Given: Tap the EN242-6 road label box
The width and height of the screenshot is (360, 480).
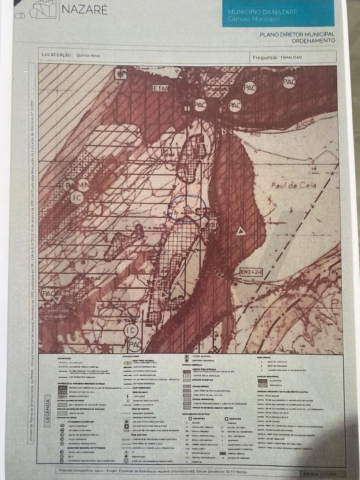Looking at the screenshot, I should (251, 272).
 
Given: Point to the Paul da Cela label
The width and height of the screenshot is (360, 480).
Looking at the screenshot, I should (294, 185).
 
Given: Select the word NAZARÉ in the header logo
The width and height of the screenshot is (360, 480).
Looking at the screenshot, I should (84, 10).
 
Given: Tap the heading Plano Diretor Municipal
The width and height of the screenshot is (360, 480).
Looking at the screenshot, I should (297, 34).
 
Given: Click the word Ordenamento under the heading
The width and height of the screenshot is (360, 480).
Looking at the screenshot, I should (313, 40).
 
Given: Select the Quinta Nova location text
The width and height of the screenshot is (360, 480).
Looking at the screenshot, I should (88, 55).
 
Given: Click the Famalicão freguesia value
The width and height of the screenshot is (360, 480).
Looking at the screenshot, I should (291, 57).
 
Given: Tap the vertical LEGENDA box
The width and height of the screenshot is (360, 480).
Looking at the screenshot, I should (48, 411).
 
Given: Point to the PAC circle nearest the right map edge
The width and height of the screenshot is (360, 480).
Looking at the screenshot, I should (289, 82).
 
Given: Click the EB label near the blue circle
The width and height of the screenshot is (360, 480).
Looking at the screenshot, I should (212, 226).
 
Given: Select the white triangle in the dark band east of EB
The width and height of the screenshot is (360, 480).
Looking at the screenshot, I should (240, 232).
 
